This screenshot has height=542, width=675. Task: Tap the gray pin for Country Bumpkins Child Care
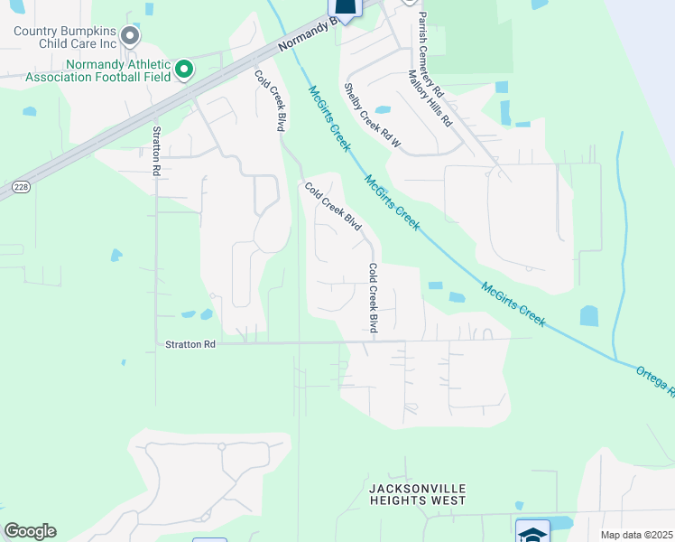click(130, 37)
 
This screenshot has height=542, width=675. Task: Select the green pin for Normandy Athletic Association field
click(184, 70)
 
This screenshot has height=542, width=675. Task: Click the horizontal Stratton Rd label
click(190, 344)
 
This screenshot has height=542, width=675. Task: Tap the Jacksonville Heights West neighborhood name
click(417, 494)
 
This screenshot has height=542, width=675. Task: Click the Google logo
click(30, 531)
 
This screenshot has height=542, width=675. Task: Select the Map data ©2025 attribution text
click(636, 535)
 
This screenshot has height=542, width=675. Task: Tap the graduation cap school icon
click(532, 533)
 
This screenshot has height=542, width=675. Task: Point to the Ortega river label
click(655, 378)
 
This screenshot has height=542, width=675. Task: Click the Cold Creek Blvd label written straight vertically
click(372, 298)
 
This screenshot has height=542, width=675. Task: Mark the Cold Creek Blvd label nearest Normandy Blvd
click(270, 102)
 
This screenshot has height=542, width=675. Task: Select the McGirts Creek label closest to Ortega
click(513, 304)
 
